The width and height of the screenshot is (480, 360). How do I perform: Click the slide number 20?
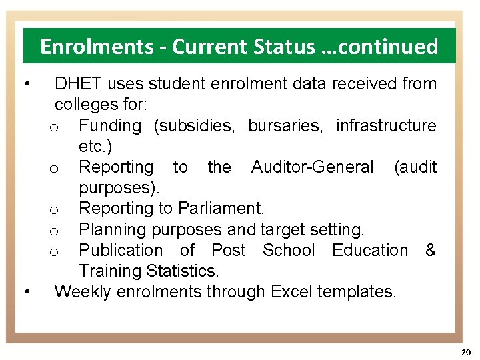click(x=465, y=351)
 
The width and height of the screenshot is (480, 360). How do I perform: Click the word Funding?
click(x=110, y=126)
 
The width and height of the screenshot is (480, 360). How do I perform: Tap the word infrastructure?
click(x=386, y=126)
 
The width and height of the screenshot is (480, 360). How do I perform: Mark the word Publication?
click(x=120, y=251)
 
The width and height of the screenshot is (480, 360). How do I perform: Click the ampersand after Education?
click(x=431, y=251)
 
